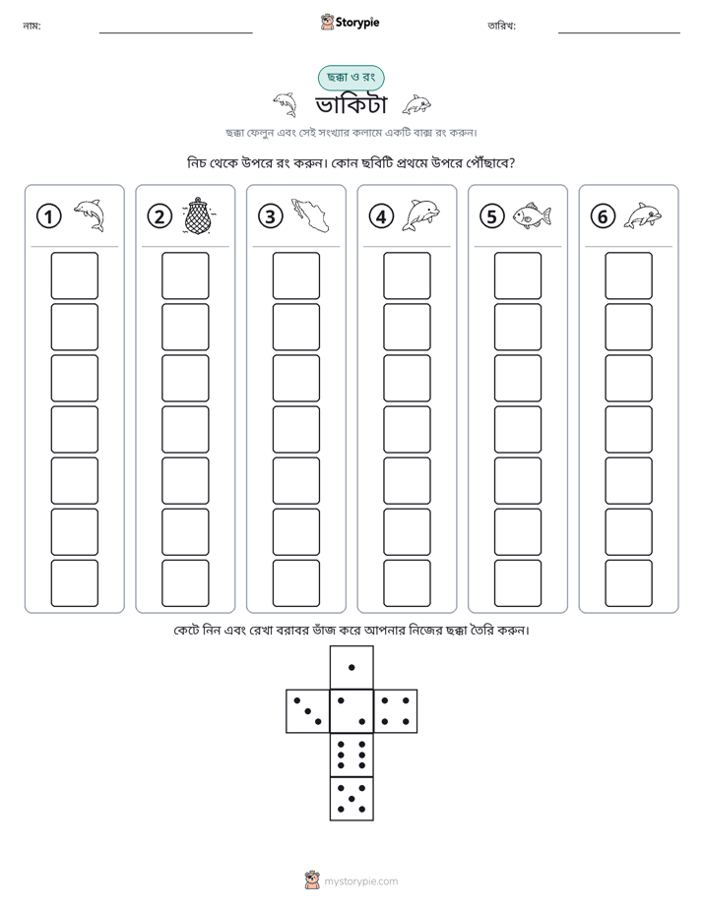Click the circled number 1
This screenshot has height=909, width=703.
(x=48, y=216)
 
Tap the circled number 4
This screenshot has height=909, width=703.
(x=381, y=216)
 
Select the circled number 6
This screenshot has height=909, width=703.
(x=603, y=216)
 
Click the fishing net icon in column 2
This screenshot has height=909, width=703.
(x=197, y=215)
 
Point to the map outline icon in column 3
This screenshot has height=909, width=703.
(x=310, y=214)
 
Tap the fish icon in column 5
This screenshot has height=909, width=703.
(x=532, y=215)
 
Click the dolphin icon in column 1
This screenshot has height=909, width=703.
(x=90, y=215)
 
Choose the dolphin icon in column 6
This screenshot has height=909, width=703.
(x=643, y=215)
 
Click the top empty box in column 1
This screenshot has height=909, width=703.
(x=74, y=275)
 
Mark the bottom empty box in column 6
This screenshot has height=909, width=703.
(x=629, y=583)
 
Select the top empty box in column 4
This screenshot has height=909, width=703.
(x=408, y=275)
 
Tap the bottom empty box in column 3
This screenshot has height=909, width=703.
(x=296, y=583)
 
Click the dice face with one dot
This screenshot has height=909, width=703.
(x=351, y=667)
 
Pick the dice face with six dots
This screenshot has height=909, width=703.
(x=351, y=755)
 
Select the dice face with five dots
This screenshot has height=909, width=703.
(x=351, y=799)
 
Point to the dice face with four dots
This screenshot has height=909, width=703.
(x=396, y=711)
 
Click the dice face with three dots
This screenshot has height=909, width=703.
(x=308, y=711)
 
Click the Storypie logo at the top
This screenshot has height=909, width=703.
(x=350, y=22)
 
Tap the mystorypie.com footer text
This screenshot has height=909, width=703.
(x=360, y=881)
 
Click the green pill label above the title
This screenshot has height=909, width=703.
(x=351, y=77)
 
